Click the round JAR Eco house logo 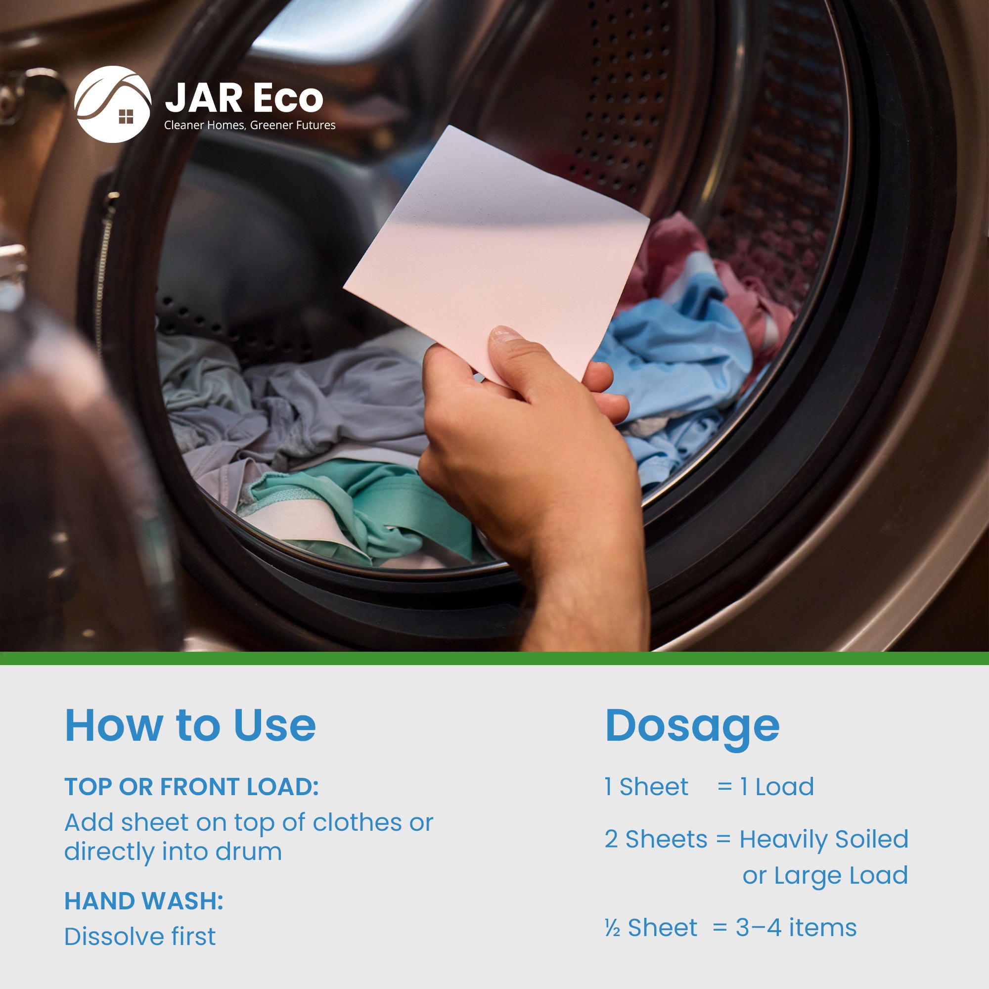(x=113, y=104)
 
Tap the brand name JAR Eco (x=244, y=98)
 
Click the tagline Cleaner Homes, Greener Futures (x=250, y=126)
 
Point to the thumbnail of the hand (x=505, y=335)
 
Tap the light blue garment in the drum (x=675, y=353)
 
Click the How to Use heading (x=190, y=726)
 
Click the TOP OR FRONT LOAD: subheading (x=191, y=787)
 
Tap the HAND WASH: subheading (x=144, y=901)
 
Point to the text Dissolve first (x=140, y=937)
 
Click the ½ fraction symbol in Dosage (x=612, y=928)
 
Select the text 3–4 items (x=796, y=928)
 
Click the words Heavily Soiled (x=824, y=840)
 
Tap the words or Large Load (x=825, y=875)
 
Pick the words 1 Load (x=777, y=787)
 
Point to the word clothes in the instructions (x=358, y=823)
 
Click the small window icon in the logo (x=126, y=117)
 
